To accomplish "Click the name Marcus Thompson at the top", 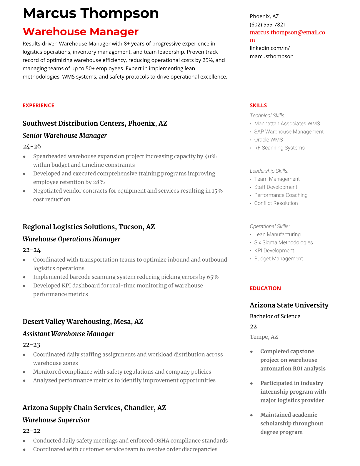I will (x=91, y=13).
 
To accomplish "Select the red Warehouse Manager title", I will (x=80, y=32).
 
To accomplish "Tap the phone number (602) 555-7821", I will (x=268, y=25).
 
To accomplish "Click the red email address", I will (x=287, y=33).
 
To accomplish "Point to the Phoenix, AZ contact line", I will (x=264, y=16).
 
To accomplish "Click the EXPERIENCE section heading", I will (x=38, y=105).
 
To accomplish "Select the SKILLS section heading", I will (x=258, y=105).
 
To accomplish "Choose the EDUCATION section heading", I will (x=265, y=288).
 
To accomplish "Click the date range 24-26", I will (x=32, y=147).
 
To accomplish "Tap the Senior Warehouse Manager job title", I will (x=64, y=136).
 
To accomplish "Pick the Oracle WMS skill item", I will (x=268, y=140).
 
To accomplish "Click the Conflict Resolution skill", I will (x=276, y=203).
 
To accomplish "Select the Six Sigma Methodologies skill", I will (x=283, y=242).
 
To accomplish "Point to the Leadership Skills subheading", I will (x=269, y=171).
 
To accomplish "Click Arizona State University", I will (x=289, y=305).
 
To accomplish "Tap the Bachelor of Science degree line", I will (x=275, y=316).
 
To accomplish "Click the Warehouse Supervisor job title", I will (x=56, y=420).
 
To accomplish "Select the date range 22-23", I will (x=31, y=345).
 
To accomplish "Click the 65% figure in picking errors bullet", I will (x=213, y=277).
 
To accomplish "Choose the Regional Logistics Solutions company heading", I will (x=89, y=227).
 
